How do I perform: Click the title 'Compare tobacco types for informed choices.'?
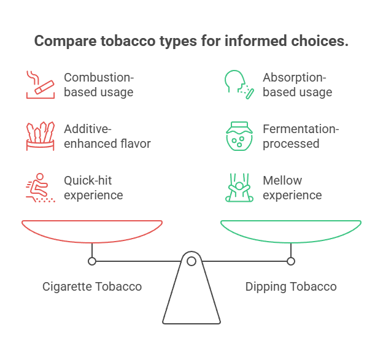coord(191,42)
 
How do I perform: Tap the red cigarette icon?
coord(40,85)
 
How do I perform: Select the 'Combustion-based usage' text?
coord(99,85)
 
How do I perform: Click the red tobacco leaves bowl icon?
coord(40,136)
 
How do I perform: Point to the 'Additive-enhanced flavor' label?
coord(107,137)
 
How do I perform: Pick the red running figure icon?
coord(40,188)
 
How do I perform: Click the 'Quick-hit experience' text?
coord(94,188)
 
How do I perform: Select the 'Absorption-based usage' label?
coord(297,85)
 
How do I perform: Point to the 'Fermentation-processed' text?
coord(301,137)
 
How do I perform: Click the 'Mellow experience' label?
coord(292,188)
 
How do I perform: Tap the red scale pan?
coord(92,230)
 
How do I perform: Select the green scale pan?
coord(291,230)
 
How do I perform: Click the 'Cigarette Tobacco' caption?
coord(92,286)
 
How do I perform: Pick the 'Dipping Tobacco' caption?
coord(291,286)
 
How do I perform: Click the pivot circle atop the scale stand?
coord(191,261)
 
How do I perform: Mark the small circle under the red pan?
coord(92,261)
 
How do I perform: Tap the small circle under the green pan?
coord(291,261)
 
